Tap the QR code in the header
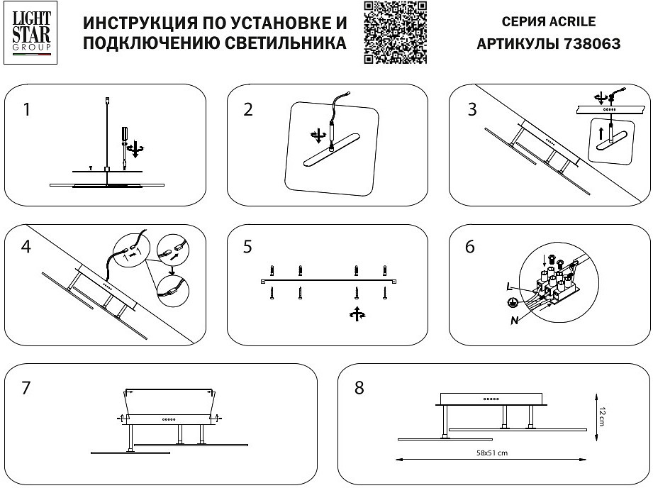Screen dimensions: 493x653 tap(396, 33)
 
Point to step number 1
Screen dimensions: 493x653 tap(27, 110)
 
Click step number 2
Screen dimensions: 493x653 tap(248, 109)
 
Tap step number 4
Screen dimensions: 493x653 tap(26, 248)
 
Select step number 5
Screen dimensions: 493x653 tap(247, 248)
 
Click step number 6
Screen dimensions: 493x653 tap(470, 248)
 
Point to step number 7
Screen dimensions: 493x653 tap(26, 388)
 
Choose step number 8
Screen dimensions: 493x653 tap(359, 388)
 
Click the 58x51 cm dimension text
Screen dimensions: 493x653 tap(492, 453)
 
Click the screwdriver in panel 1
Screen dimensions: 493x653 tap(125, 139)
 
